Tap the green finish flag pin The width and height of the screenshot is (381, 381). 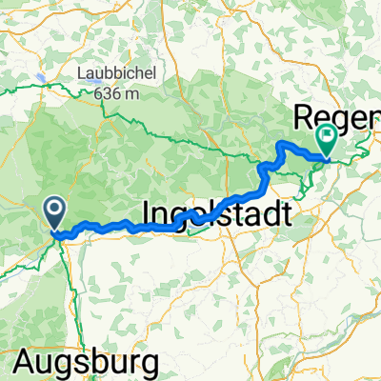coord(326,142)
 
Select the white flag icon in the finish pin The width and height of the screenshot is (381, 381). coord(326,137)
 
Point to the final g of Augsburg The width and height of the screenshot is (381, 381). coord(149,365)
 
